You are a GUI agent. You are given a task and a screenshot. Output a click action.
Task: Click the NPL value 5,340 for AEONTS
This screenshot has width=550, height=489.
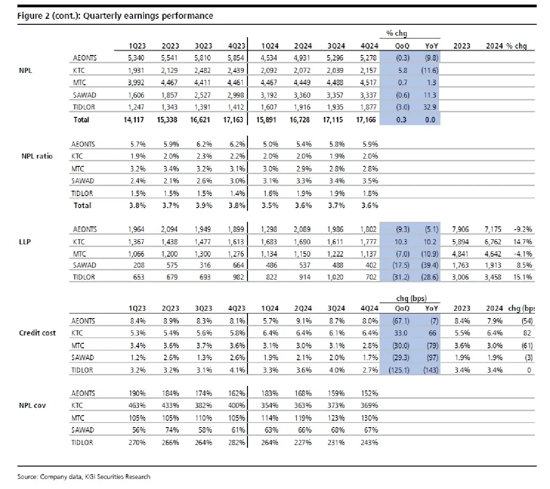coord(137,58)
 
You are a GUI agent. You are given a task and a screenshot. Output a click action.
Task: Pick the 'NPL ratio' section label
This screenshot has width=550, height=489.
coord(37,156)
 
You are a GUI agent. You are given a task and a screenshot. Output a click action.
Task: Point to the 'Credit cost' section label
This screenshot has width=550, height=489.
coord(37,333)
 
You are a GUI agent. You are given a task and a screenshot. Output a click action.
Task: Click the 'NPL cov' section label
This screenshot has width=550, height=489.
coord(32,406)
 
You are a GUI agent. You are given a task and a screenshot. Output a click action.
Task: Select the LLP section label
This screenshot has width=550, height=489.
coord(25,242)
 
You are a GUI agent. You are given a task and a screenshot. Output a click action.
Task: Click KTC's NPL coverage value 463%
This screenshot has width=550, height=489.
coord(137,406)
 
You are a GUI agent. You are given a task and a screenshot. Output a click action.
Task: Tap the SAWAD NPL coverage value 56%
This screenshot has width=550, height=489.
coord(138,430)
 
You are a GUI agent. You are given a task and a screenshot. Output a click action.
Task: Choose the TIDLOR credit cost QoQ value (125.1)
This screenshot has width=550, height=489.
coord(399,370)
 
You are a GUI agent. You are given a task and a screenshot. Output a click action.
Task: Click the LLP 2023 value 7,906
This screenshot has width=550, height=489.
coord(460,229)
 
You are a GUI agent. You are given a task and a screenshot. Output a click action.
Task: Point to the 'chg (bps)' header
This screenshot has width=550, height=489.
coord(411,299)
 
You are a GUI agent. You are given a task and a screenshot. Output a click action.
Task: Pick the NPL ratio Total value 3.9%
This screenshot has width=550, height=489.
coord(204,205)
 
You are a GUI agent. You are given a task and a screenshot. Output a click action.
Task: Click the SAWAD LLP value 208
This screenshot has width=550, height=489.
coord(138,265)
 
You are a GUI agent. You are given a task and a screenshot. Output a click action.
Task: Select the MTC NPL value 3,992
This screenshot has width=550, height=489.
coord(137,83)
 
